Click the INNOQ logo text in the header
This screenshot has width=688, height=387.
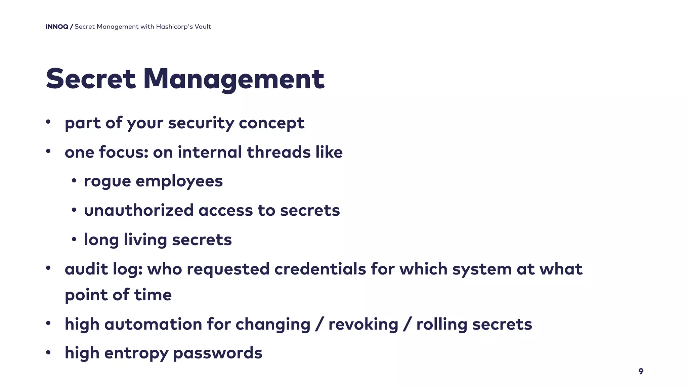[57, 27]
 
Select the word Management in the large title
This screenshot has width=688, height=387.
[234, 79]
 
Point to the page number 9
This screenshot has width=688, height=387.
[641, 371]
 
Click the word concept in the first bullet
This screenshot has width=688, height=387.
[271, 123]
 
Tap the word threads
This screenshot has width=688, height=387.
[278, 152]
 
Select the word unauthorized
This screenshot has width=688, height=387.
[139, 211]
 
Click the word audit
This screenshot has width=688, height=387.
[86, 269]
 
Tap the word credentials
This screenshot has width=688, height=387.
[320, 269]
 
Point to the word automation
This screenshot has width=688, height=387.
[153, 324]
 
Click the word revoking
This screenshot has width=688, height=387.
[363, 324]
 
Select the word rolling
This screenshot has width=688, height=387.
[442, 324]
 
